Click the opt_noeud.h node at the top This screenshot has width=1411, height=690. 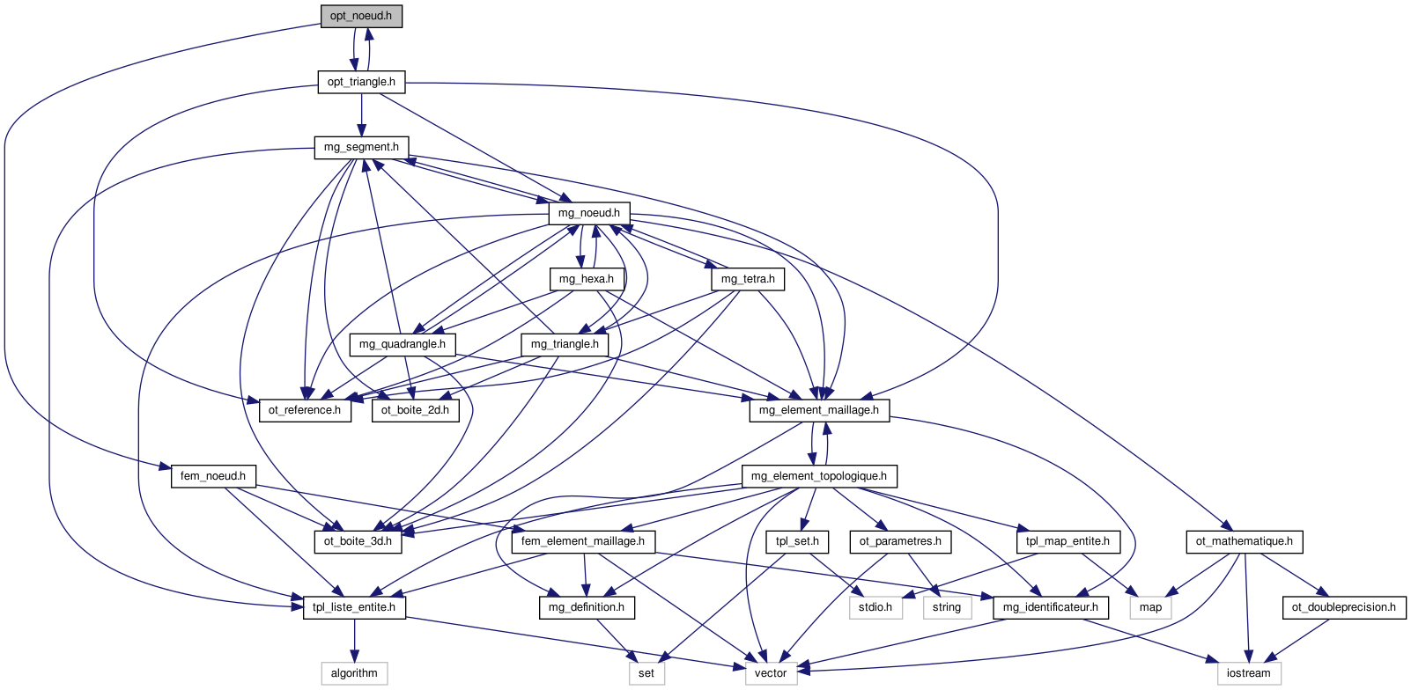click(361, 17)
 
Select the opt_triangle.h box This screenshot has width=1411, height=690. click(361, 82)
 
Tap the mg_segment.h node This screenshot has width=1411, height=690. click(361, 148)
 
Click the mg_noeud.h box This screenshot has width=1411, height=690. click(589, 213)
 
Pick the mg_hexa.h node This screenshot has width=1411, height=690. click(587, 279)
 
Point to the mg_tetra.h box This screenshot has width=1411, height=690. click(748, 279)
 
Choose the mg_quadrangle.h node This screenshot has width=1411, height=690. click(403, 344)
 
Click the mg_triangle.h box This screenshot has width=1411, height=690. click(565, 344)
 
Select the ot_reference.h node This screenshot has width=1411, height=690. click(305, 410)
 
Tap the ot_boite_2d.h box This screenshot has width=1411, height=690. click(415, 410)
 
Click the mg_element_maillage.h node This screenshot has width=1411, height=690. click(819, 410)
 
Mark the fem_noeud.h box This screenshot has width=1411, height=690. click(213, 476)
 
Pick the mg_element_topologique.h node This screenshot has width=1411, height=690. click(819, 476)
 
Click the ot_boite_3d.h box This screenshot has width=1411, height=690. click(358, 541)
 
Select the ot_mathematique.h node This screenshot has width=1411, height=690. click(1245, 541)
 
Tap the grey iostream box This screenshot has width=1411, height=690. click(1249, 673)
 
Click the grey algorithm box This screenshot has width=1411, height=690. click(354, 673)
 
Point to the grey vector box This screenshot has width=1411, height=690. click(771, 673)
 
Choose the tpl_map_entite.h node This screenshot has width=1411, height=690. click(1068, 541)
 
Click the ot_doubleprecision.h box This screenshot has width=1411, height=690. click(1344, 607)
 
